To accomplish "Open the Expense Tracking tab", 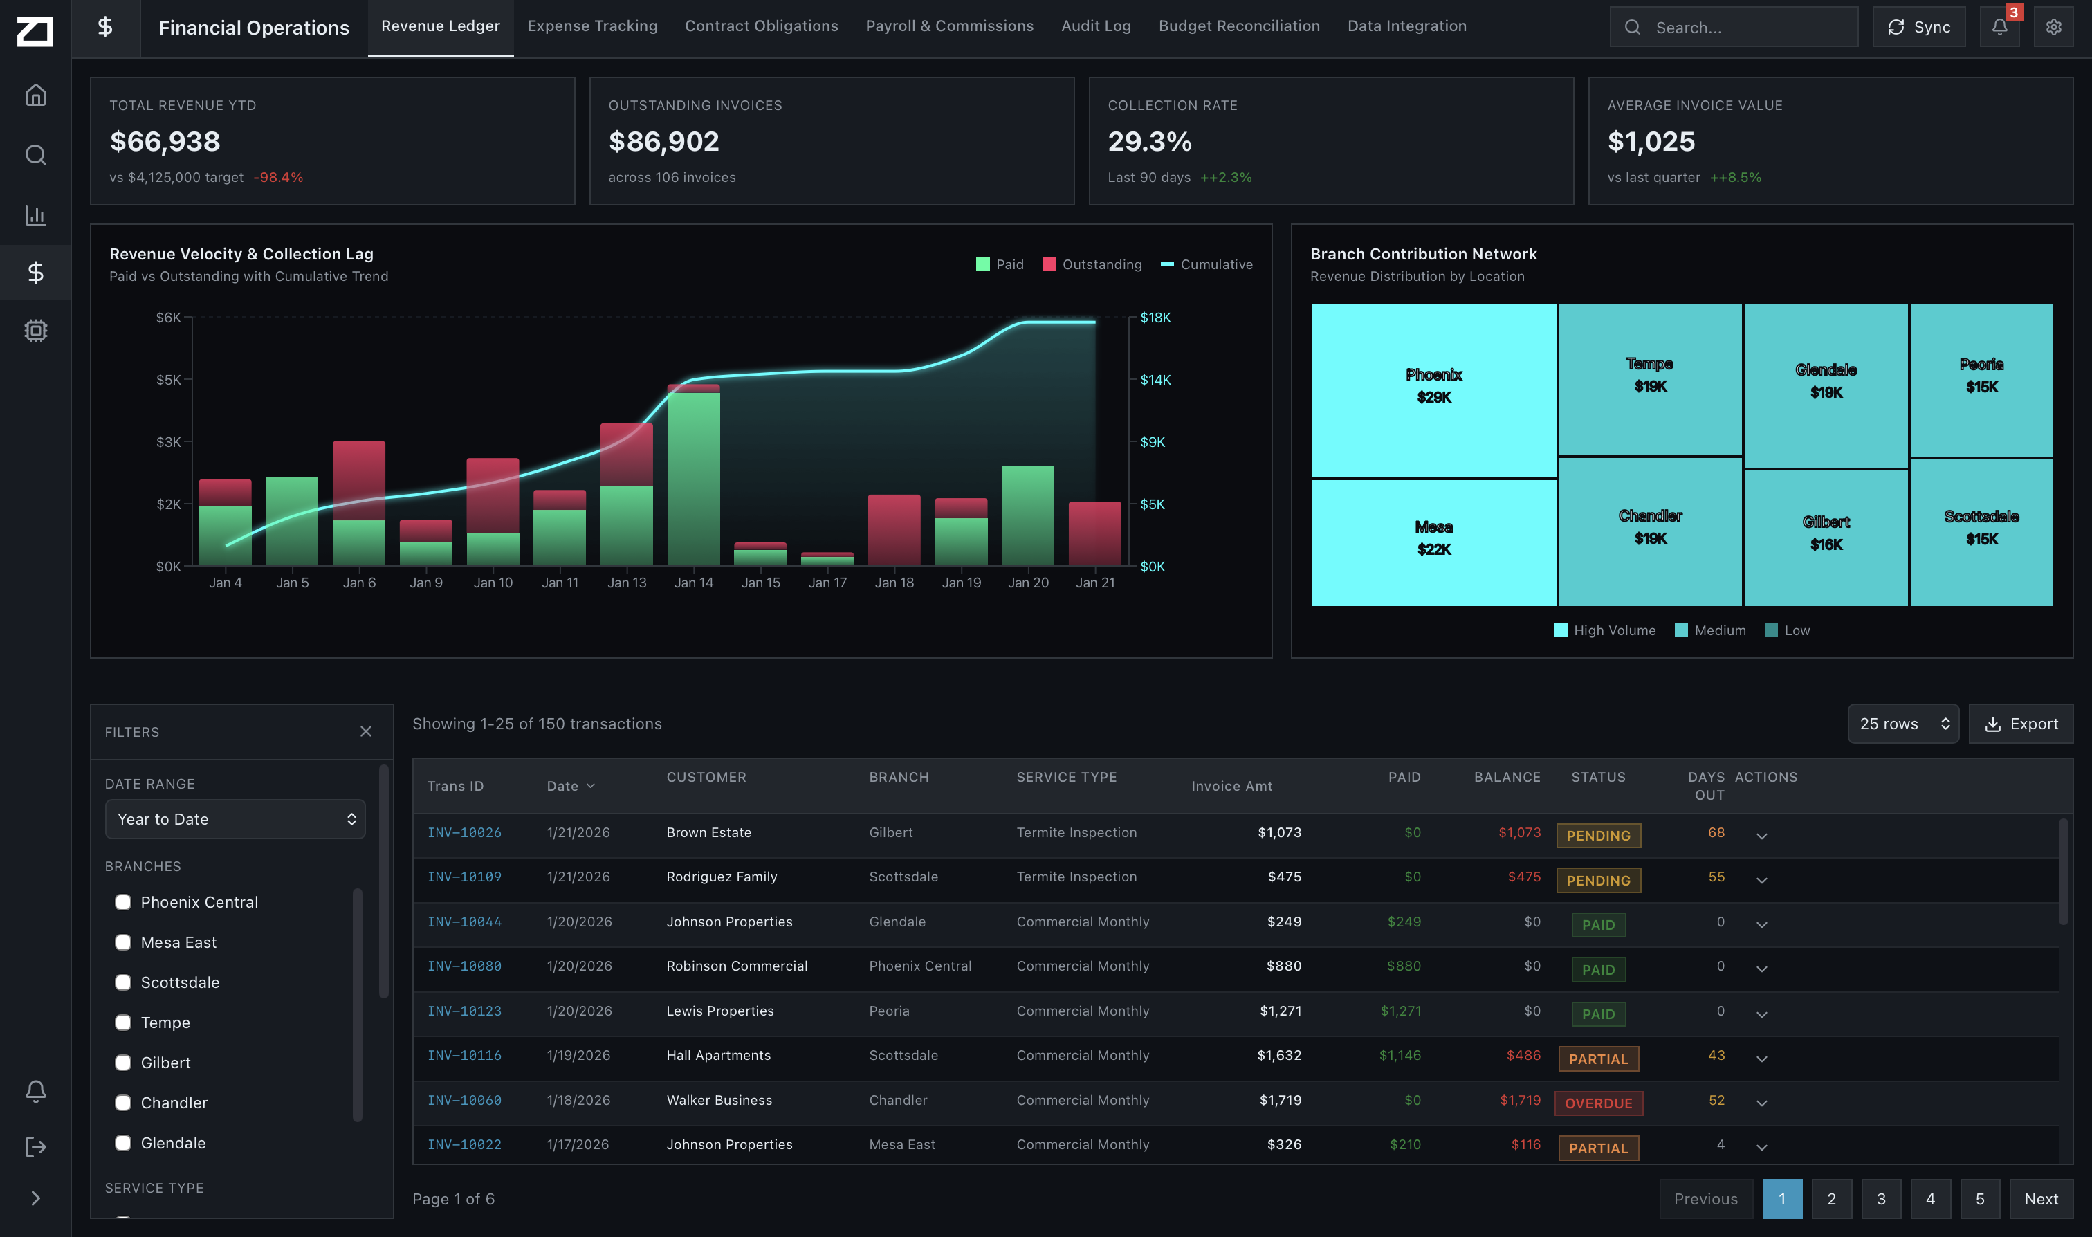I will pyautogui.click(x=591, y=26).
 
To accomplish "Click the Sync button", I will pyautogui.click(x=1918, y=27).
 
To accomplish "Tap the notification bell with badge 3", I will pyautogui.click(x=1999, y=27).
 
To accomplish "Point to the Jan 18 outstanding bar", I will pyautogui.click(x=894, y=530).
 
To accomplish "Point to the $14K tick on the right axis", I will pyautogui.click(x=1155, y=380).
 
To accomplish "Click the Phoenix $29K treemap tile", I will pyautogui.click(x=1433, y=390).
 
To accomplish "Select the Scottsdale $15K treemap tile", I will pyautogui.click(x=1981, y=531).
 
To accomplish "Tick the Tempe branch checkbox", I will pyautogui.click(x=123, y=1022).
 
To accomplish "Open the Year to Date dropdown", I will pyautogui.click(x=235, y=819).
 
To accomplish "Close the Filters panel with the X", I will pyautogui.click(x=366, y=731).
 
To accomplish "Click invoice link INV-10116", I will pyautogui.click(x=464, y=1055).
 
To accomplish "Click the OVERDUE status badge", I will pyautogui.click(x=1598, y=1103).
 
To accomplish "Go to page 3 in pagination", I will pyautogui.click(x=1880, y=1199).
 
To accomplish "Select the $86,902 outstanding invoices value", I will pyautogui.click(x=663, y=142).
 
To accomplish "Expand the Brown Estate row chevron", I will pyautogui.click(x=1761, y=836).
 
